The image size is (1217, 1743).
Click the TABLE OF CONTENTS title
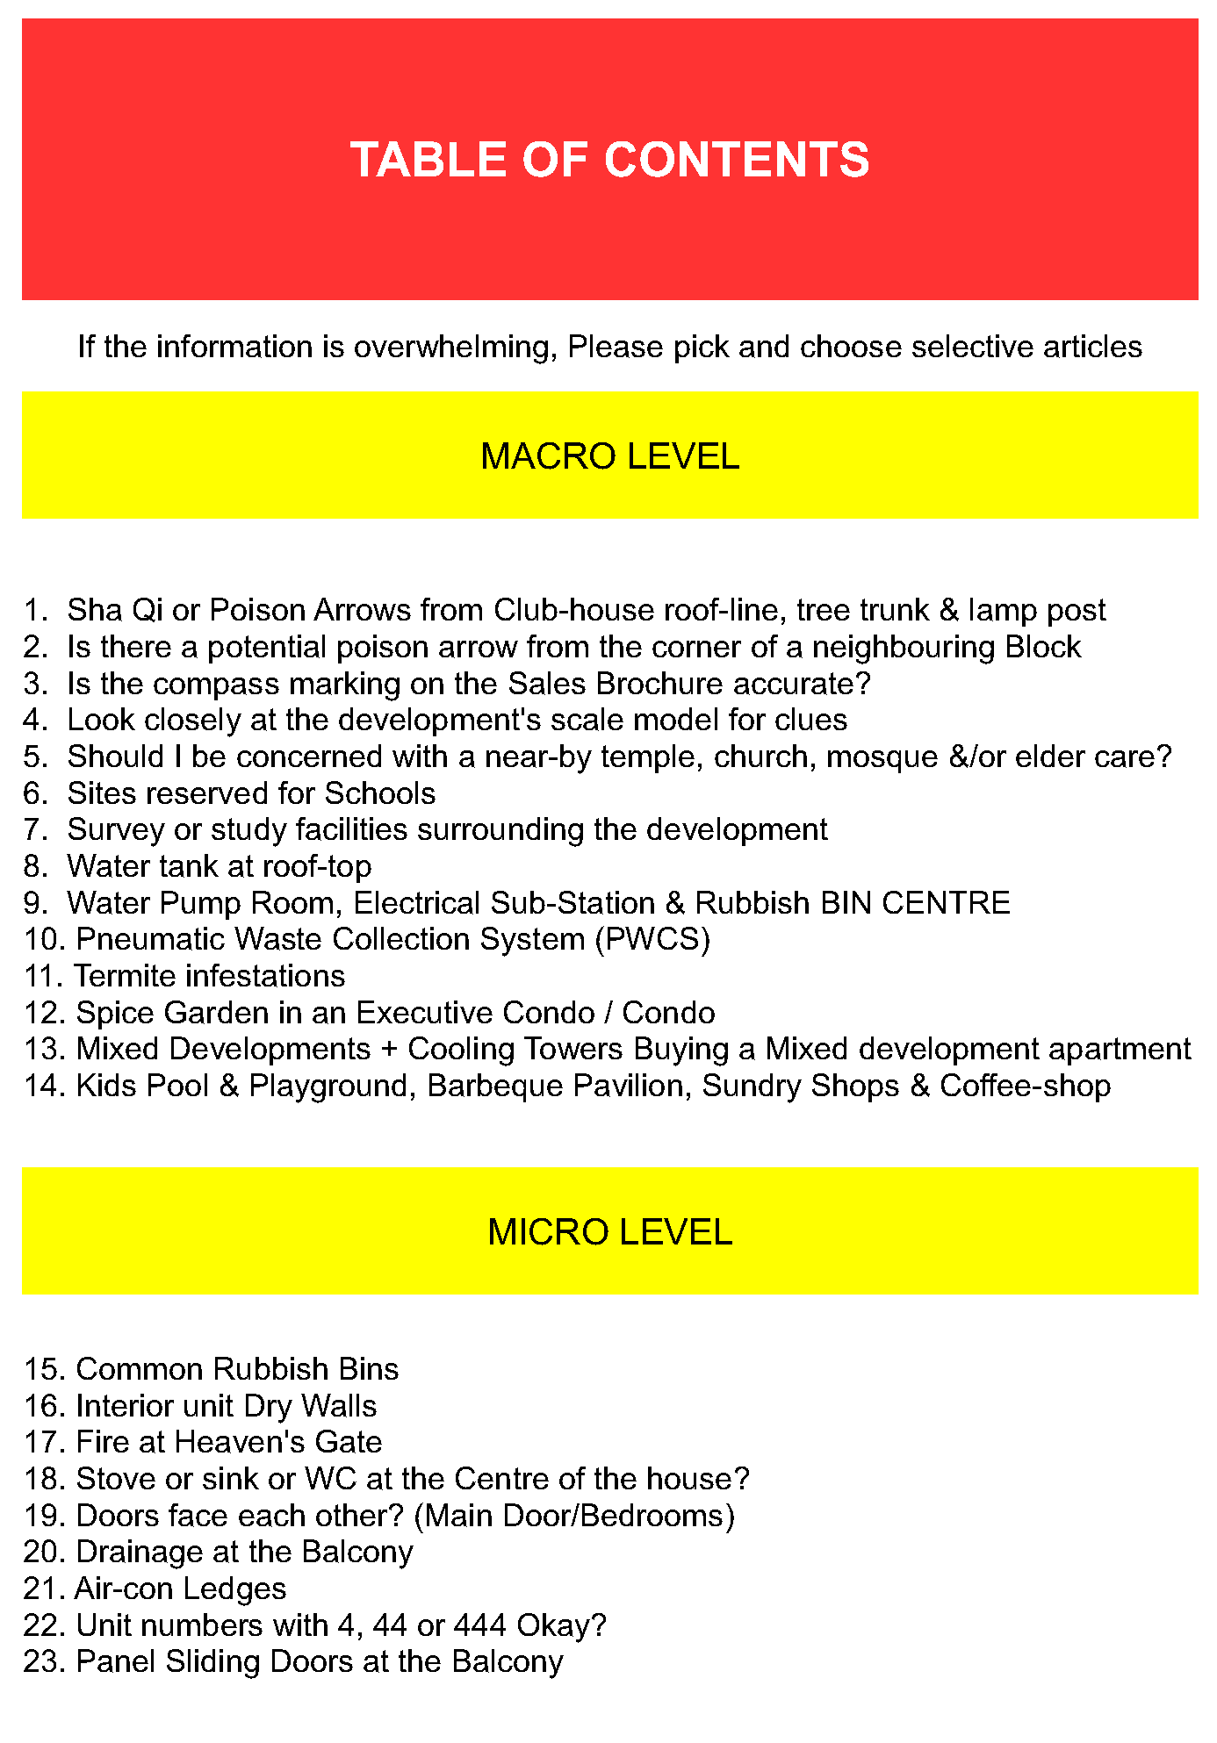tap(609, 160)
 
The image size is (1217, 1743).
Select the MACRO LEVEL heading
tap(609, 456)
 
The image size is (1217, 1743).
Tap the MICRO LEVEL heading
tap(609, 1232)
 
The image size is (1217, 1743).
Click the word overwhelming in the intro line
tap(455, 348)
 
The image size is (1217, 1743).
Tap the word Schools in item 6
tap(379, 793)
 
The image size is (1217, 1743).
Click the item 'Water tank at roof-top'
tap(219, 866)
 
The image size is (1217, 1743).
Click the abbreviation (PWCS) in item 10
tap(652, 939)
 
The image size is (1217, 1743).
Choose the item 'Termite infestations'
tap(209, 976)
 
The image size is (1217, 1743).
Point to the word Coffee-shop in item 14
tap(1025, 1086)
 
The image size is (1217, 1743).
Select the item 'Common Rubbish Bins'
tap(237, 1369)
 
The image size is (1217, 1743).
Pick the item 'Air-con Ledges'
tap(180, 1589)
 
